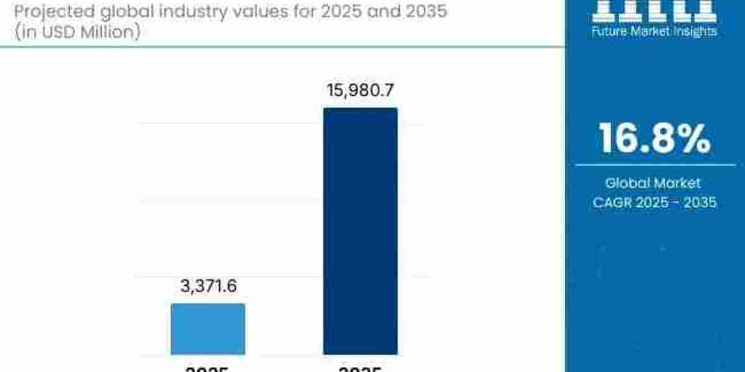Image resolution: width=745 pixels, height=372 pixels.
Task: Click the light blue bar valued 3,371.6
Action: coord(208,329)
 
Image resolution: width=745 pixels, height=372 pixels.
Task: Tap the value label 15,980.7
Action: coord(360,91)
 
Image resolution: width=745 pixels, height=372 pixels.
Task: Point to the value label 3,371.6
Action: coord(208,286)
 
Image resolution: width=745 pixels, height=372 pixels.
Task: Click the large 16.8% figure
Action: coord(654,139)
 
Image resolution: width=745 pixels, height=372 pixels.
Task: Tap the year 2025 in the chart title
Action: coord(350,11)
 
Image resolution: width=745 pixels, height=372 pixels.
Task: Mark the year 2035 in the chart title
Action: coord(422,11)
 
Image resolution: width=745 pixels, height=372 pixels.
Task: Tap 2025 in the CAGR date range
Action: coord(652,202)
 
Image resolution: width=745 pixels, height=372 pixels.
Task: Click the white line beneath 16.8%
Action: coord(654,165)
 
